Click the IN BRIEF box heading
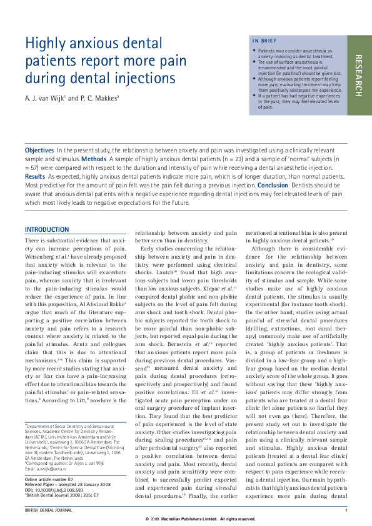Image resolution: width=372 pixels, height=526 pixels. point(263,41)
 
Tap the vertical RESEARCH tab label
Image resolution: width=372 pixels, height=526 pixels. point(358,76)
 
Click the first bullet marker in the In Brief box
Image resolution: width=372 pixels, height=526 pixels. point(254,50)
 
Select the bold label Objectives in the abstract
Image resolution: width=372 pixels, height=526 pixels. point(39,151)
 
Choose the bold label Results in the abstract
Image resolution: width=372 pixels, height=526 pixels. point(35,177)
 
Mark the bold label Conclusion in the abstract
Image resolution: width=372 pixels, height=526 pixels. point(274,186)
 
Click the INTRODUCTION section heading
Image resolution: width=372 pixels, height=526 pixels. point(47,229)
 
